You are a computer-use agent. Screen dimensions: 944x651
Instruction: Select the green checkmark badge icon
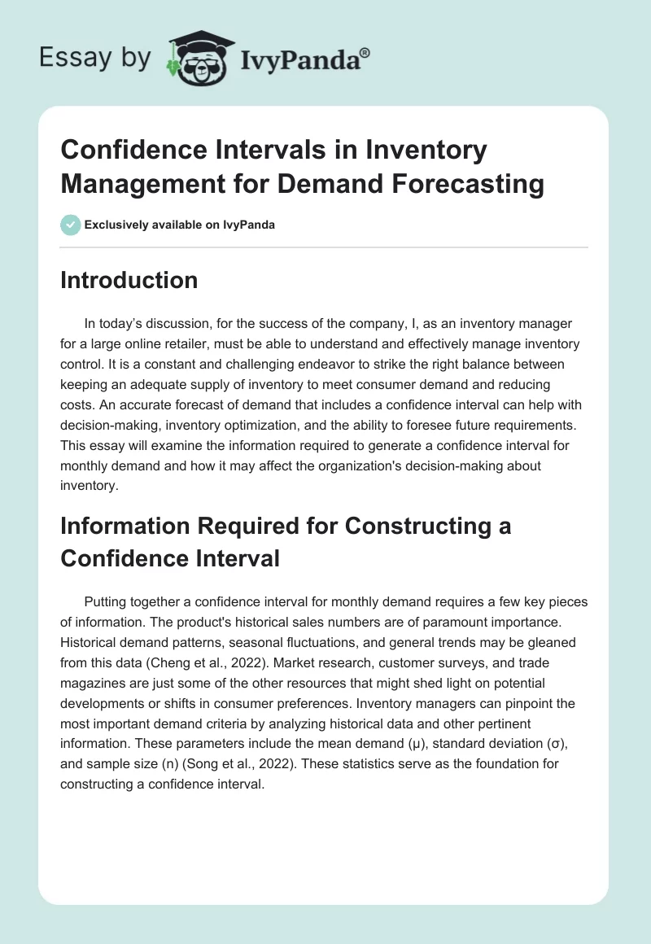click(x=70, y=225)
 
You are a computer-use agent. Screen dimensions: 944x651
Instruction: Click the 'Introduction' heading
click(x=129, y=280)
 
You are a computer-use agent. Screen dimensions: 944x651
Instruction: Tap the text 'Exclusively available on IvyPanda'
click(x=179, y=225)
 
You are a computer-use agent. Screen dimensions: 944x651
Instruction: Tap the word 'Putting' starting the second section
click(x=106, y=602)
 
